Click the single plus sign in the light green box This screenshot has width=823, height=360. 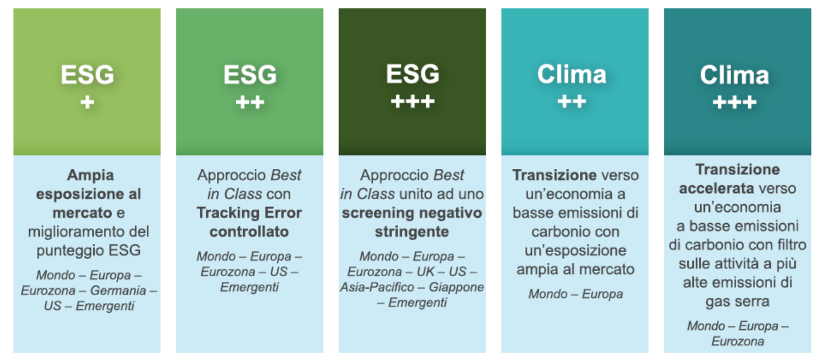(x=87, y=102)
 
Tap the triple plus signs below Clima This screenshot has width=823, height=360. (x=735, y=102)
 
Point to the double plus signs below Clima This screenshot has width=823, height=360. (x=572, y=102)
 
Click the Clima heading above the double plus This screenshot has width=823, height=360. (x=572, y=74)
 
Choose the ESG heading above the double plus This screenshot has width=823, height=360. (x=250, y=75)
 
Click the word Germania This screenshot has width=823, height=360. (x=118, y=290)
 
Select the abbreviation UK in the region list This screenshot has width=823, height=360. (x=425, y=272)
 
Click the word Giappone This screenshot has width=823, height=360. (x=457, y=288)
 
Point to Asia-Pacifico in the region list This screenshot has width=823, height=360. (x=377, y=287)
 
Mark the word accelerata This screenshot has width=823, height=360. (x=716, y=188)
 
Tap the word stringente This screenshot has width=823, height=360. (x=412, y=232)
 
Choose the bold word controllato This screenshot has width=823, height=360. (x=249, y=232)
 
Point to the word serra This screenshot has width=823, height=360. (x=751, y=302)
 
